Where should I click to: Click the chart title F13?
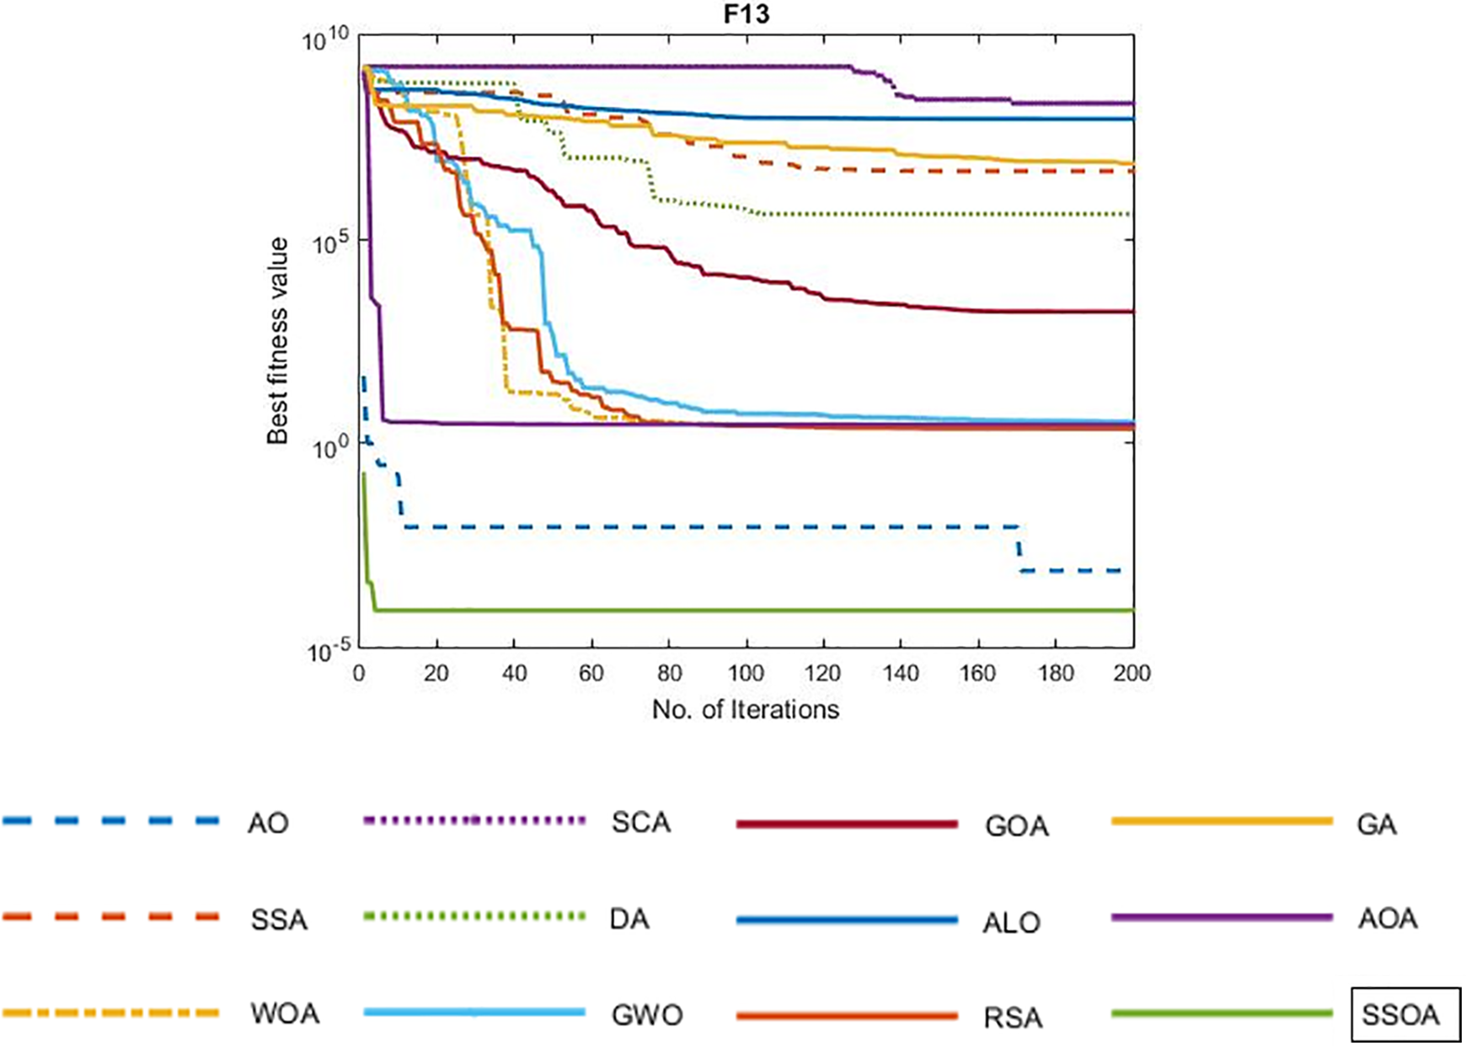746,14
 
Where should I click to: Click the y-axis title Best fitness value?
277,340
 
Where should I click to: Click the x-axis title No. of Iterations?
746,710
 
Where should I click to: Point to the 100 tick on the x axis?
746,673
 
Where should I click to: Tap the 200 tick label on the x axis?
1132,673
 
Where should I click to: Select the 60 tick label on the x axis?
591,673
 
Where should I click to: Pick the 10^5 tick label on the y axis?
329,243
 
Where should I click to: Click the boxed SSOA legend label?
1400,1015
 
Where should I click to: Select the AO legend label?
268,823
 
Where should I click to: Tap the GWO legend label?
646,1015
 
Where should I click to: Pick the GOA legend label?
1016,826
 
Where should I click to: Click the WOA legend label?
285,1013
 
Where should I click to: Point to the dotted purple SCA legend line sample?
474,820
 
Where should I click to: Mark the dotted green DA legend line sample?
474,916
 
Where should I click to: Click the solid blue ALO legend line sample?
847,921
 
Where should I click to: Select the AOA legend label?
1387,918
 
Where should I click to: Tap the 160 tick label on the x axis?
977,673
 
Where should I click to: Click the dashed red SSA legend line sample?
111,916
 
